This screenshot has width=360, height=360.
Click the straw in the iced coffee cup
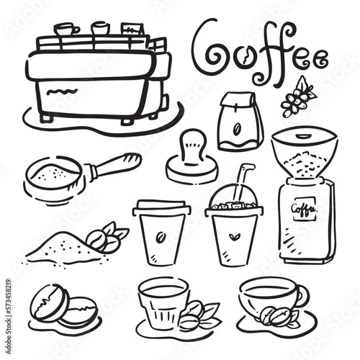(x=243, y=182)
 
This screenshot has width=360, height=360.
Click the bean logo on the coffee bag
(x=237, y=128)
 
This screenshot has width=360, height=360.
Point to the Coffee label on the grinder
(x=304, y=209)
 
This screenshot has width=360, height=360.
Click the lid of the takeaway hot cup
(x=161, y=207)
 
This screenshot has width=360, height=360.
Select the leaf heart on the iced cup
(x=233, y=236)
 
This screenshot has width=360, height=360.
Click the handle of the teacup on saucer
(x=303, y=294)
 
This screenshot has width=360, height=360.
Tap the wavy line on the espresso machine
(x=62, y=92)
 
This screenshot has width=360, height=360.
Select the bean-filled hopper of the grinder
(x=305, y=153)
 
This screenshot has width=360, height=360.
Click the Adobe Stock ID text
(x=9, y=316)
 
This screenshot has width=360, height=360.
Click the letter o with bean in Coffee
(x=245, y=57)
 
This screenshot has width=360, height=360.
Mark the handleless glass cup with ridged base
(x=163, y=303)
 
